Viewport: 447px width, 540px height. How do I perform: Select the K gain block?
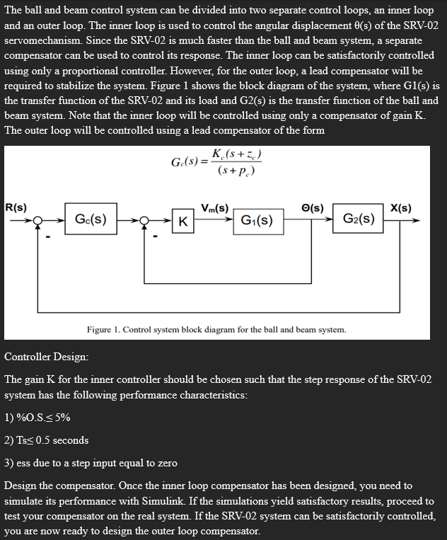click(182, 221)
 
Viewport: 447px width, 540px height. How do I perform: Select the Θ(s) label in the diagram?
click(313, 207)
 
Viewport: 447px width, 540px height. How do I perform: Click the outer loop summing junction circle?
click(43, 220)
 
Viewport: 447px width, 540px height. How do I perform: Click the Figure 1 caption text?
click(216, 330)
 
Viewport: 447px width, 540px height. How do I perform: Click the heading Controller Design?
click(47, 357)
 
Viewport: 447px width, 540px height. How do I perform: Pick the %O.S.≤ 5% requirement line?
click(37, 417)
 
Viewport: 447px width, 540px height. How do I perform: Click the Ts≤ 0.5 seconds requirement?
click(47, 440)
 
